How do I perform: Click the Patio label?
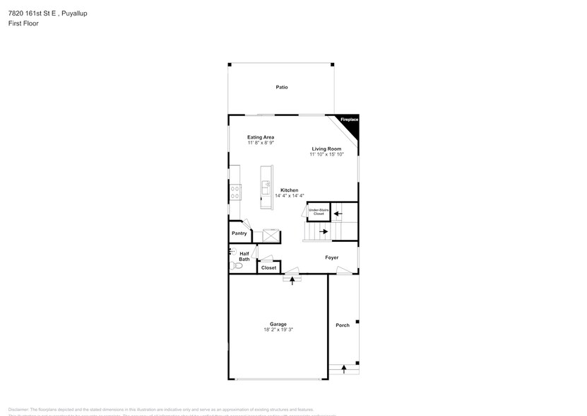pos(282,87)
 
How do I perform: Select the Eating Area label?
pos(261,137)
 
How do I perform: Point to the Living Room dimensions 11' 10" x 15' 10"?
pos(326,154)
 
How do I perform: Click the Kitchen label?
pos(289,190)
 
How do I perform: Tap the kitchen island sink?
pos(266,188)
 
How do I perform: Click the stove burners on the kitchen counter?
pos(234,192)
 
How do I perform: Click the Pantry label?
pos(239,233)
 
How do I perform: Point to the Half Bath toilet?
pos(236,265)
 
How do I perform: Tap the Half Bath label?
pos(244,256)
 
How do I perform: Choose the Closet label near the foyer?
pos(268,267)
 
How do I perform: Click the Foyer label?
pos(331,258)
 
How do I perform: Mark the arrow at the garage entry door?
pos(292,281)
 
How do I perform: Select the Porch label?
pos(343,325)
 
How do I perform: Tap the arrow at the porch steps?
pos(344,369)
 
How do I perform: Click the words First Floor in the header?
pos(24,23)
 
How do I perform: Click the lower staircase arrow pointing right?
pos(324,231)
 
